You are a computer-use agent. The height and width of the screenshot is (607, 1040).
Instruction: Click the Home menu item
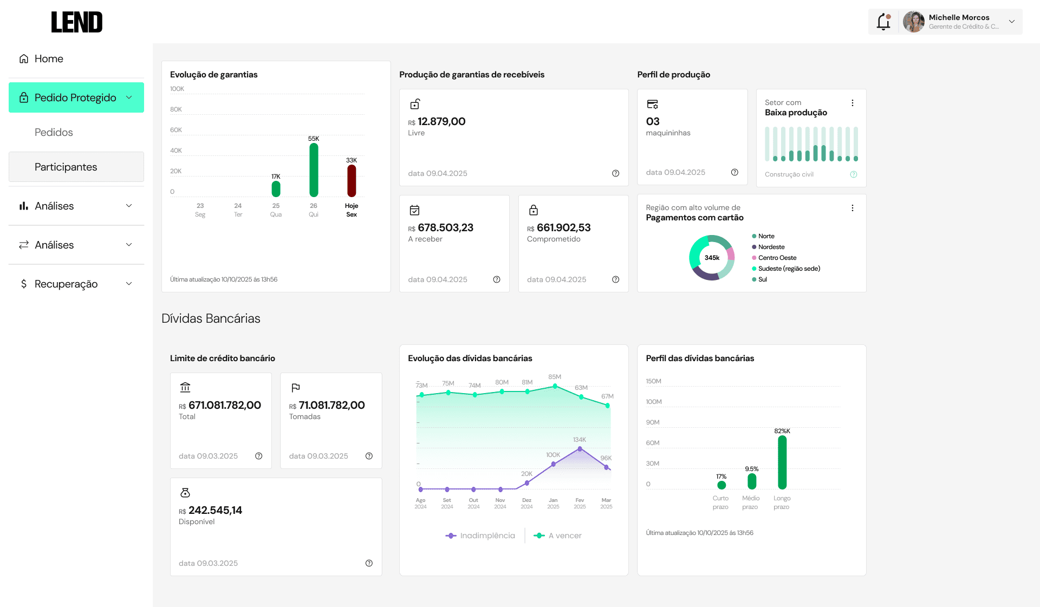(41, 58)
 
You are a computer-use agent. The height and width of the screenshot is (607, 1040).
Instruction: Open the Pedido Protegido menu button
(76, 97)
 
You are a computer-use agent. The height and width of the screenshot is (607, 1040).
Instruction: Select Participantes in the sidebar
(76, 167)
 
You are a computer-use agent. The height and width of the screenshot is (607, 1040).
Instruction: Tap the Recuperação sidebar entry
(76, 284)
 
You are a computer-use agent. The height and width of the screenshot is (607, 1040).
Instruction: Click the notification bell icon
(883, 22)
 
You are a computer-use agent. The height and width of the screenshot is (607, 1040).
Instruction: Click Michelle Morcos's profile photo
(914, 22)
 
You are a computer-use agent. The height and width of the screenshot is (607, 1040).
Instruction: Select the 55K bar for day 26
(314, 169)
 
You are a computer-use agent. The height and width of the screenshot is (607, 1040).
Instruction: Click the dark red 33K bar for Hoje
(352, 180)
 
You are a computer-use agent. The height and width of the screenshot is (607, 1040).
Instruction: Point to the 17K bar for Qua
(276, 188)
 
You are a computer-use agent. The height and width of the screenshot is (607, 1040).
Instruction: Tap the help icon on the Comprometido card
(615, 279)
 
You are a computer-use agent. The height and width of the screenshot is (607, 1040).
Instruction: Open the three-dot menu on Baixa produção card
(853, 103)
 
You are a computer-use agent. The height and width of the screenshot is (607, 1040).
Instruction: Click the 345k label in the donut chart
(712, 258)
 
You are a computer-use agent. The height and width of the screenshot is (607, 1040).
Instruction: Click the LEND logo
(77, 22)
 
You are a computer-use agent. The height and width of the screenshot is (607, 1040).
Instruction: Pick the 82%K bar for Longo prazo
(782, 462)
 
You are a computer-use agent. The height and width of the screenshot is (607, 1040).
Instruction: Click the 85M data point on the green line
(555, 386)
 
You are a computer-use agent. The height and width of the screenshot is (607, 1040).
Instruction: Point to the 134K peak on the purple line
(580, 449)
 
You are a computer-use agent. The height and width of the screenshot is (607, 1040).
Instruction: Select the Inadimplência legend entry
(480, 536)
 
